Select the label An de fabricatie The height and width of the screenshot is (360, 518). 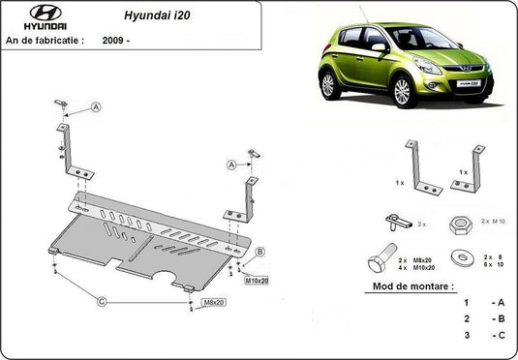[45, 41]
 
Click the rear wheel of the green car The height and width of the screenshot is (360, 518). [328, 84]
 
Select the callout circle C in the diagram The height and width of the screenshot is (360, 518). [101, 301]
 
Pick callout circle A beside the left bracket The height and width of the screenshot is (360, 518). [98, 106]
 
